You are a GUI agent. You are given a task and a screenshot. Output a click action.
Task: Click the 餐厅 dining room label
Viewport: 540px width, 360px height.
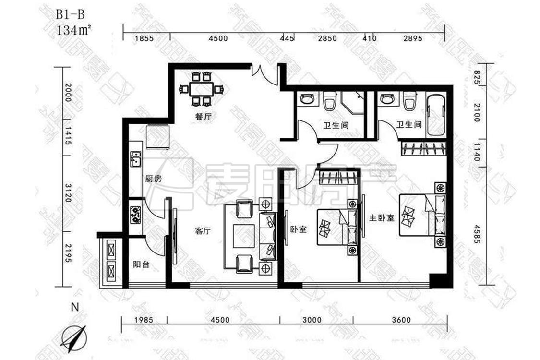[x=204, y=117]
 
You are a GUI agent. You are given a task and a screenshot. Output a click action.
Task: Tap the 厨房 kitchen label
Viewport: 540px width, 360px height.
[x=153, y=179]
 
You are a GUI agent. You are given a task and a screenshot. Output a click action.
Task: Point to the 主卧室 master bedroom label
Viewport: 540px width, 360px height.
[x=381, y=218]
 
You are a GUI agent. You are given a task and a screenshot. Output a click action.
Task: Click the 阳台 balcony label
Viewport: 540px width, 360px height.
[x=141, y=264]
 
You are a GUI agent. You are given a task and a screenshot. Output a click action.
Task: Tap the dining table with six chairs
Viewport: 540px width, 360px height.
[x=202, y=89]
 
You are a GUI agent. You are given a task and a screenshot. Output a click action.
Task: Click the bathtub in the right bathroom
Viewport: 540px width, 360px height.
[x=436, y=116]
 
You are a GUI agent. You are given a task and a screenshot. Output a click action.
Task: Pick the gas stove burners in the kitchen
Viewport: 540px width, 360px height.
[x=135, y=215]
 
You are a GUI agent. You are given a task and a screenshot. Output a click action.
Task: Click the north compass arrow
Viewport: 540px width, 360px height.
[x=73, y=336]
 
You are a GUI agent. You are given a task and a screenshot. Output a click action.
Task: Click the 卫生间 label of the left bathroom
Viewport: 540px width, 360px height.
[x=336, y=125]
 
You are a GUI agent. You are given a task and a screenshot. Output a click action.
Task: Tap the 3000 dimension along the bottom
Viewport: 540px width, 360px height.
[x=315, y=321]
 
